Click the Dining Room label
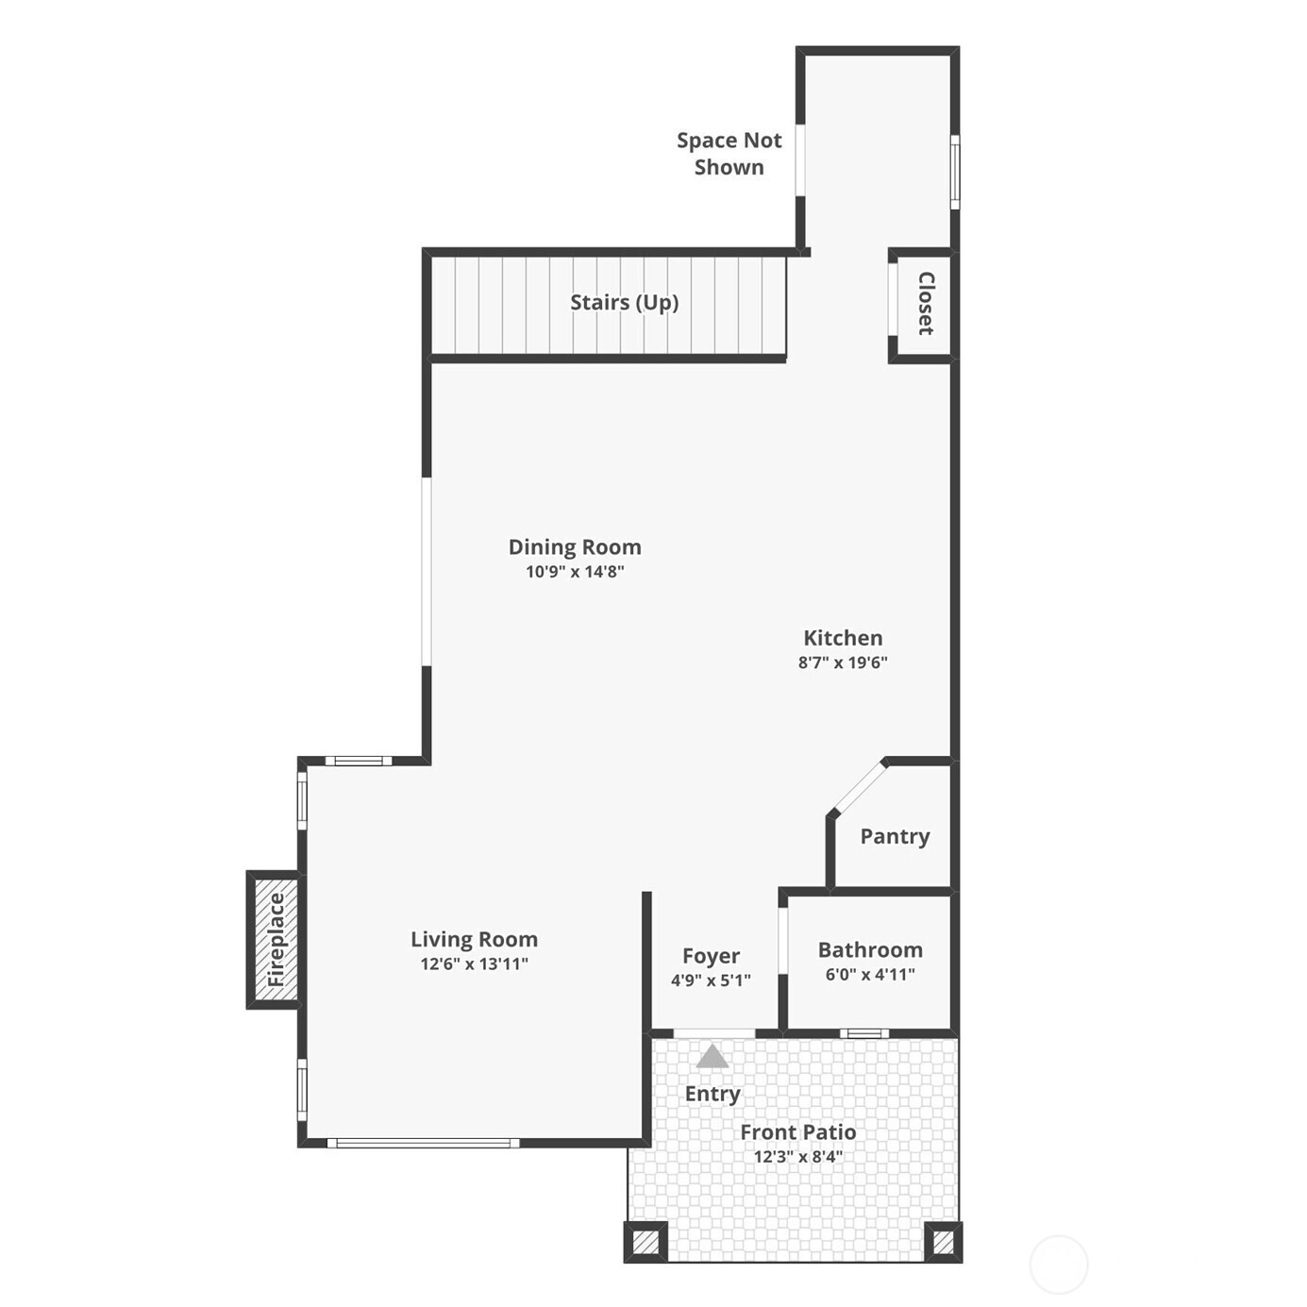click(x=575, y=547)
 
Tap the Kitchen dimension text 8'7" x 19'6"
click(x=843, y=662)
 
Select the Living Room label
click(x=474, y=940)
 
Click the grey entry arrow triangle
click(x=712, y=1056)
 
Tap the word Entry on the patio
click(x=712, y=1094)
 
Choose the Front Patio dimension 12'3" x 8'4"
click(x=798, y=1156)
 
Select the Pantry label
click(x=895, y=836)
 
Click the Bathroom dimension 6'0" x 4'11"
click(x=870, y=975)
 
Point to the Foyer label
click(x=711, y=956)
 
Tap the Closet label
click(x=926, y=303)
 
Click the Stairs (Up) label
click(x=624, y=303)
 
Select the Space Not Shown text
click(x=729, y=153)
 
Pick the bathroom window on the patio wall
click(x=864, y=1033)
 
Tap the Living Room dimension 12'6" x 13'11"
click(x=474, y=963)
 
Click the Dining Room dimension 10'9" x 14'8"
click(x=575, y=572)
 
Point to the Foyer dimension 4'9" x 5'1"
click(x=711, y=980)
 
